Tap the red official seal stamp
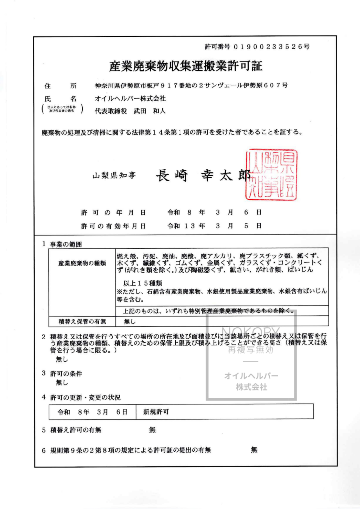270,175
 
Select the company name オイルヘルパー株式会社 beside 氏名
130,99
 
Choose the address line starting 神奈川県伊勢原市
191,85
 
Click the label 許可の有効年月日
113,226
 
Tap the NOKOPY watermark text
251,331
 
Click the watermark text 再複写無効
251,350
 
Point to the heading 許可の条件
66,373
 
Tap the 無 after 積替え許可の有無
152,430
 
